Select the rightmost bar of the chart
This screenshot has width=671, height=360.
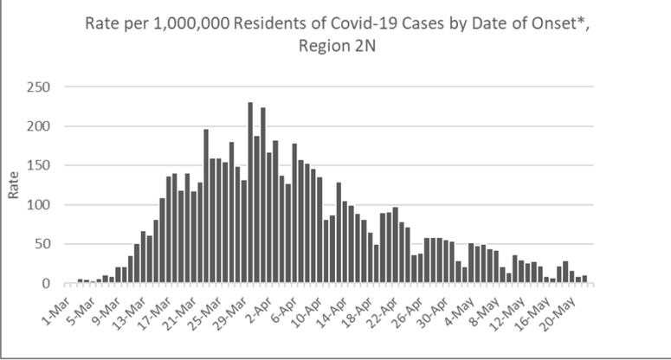pyautogui.click(x=584, y=280)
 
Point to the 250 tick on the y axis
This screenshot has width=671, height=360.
pyautogui.click(x=39, y=87)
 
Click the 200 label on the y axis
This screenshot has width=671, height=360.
pyautogui.click(x=39, y=126)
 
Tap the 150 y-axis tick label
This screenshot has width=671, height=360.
pyautogui.click(x=39, y=165)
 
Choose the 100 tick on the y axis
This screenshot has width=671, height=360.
pyautogui.click(x=39, y=205)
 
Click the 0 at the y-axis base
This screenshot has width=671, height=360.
pyautogui.click(x=46, y=284)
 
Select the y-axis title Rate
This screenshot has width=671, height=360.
pyautogui.click(x=13, y=185)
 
